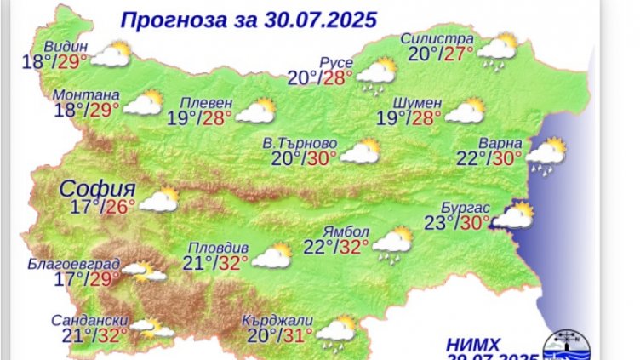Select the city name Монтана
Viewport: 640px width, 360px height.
[86, 94]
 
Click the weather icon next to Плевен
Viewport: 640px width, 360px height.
[254, 111]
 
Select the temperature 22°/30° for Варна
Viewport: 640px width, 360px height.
[490, 159]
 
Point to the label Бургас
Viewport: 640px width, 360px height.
[466, 208]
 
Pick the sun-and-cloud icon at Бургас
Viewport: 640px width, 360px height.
[514, 217]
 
